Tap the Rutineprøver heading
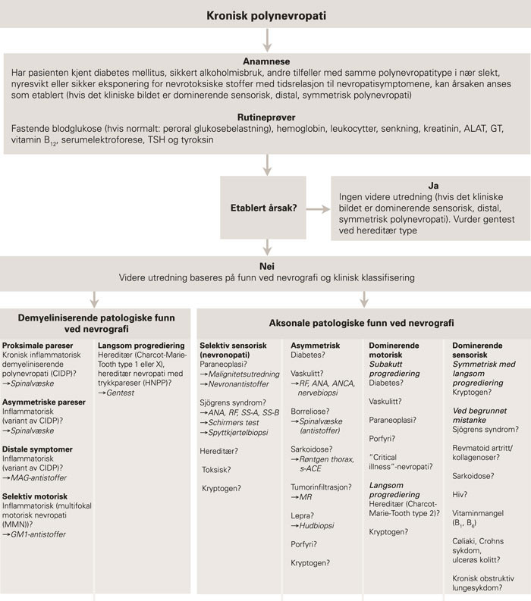click(x=265, y=118)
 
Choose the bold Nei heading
click(x=265, y=266)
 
